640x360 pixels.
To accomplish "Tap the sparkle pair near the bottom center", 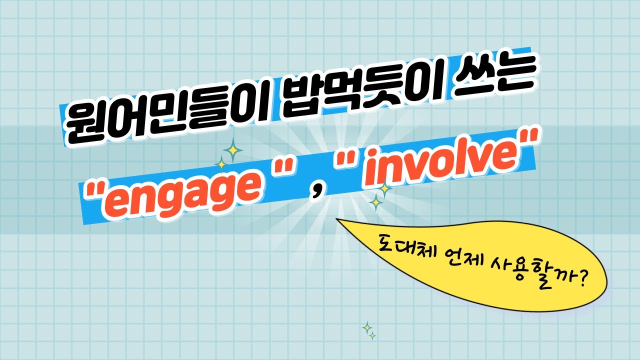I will click(369, 331).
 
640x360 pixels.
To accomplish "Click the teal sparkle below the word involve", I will click(376, 202).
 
